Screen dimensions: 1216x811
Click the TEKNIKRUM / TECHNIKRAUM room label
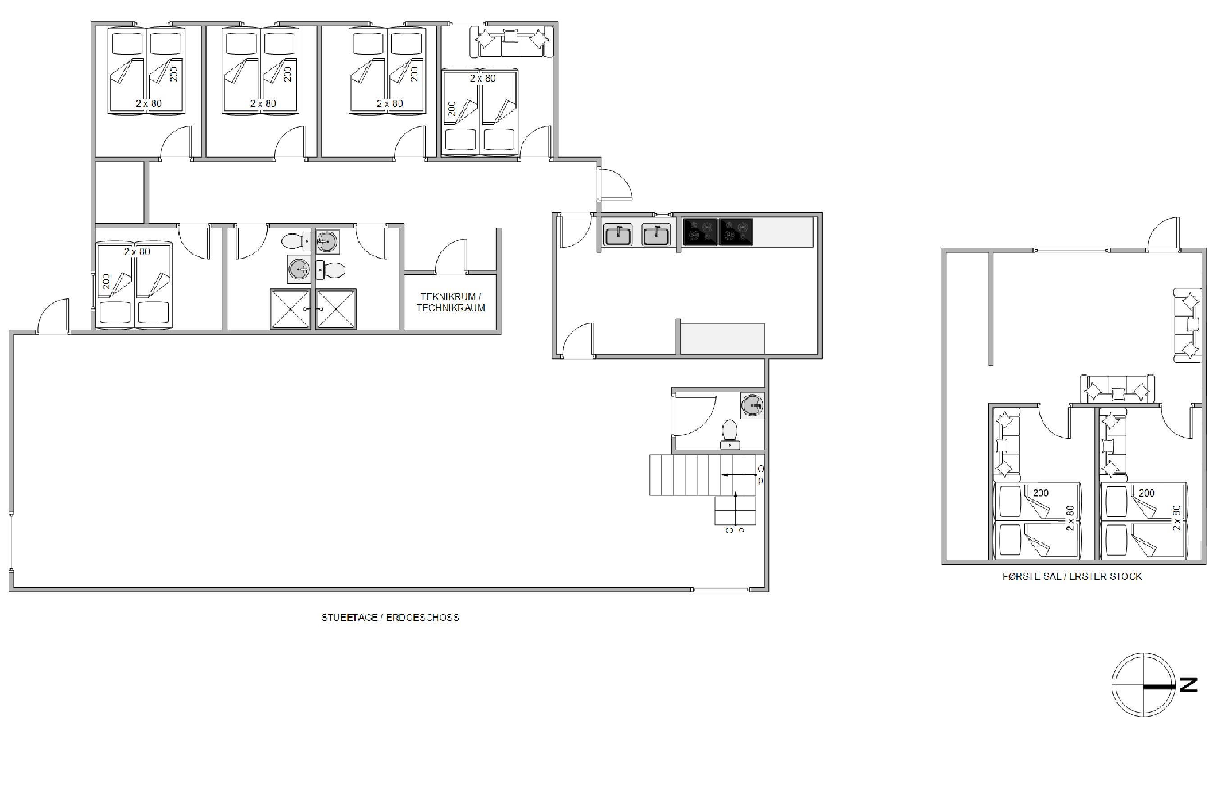(450, 302)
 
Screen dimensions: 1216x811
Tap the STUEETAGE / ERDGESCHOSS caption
(390, 617)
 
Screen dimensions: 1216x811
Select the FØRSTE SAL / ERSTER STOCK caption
(1072, 576)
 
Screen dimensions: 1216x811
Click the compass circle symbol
(1143, 685)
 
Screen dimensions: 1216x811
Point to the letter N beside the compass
(1188, 685)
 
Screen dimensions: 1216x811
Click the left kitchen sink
(617, 235)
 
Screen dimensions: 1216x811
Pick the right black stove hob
(736, 232)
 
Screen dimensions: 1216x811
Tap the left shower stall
(290, 309)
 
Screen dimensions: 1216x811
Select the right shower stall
(336, 309)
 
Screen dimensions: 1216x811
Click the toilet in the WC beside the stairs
(730, 434)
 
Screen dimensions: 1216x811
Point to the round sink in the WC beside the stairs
(752, 405)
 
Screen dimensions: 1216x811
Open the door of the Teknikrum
(450, 255)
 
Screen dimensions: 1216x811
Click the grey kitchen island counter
(722, 339)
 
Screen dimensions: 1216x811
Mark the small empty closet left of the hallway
(120, 192)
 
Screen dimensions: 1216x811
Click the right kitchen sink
(656, 235)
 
